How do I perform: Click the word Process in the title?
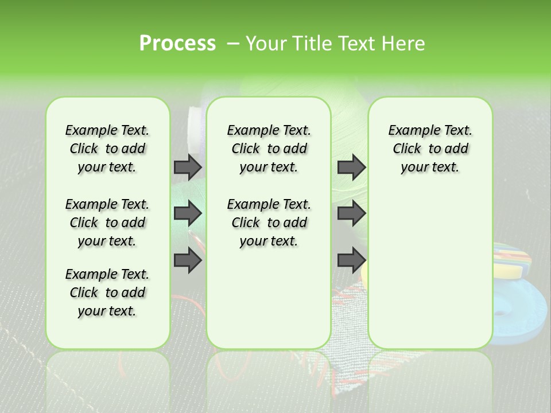tap(177, 44)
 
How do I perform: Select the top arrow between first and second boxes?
tap(188, 167)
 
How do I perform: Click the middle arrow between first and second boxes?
tap(188, 214)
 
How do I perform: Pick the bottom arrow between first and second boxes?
tap(188, 260)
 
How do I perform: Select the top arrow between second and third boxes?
tap(351, 167)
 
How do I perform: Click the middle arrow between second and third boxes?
tap(351, 214)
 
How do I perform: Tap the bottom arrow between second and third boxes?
tap(351, 260)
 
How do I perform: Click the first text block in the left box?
tap(107, 149)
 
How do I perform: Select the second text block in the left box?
tap(107, 223)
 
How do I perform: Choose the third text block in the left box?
tap(107, 293)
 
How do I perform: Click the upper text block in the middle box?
tap(269, 149)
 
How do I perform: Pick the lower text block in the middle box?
tap(269, 223)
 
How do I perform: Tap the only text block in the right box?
tap(430, 149)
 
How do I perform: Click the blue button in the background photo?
tap(519, 310)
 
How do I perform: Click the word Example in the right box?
tap(410, 130)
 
